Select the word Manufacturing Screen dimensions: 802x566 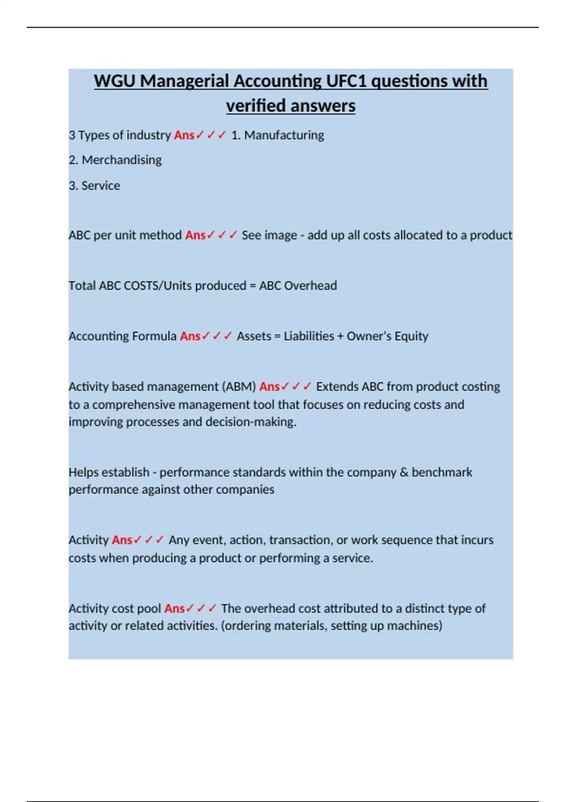(x=284, y=135)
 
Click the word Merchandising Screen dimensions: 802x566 (x=122, y=160)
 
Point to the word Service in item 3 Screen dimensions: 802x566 (x=100, y=186)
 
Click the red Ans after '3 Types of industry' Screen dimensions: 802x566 (x=184, y=135)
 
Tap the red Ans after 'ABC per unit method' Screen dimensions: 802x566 (x=195, y=235)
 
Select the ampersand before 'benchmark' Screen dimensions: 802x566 (x=404, y=472)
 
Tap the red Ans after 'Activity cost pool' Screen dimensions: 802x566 (x=174, y=609)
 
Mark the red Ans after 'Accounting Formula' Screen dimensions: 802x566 (x=190, y=336)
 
